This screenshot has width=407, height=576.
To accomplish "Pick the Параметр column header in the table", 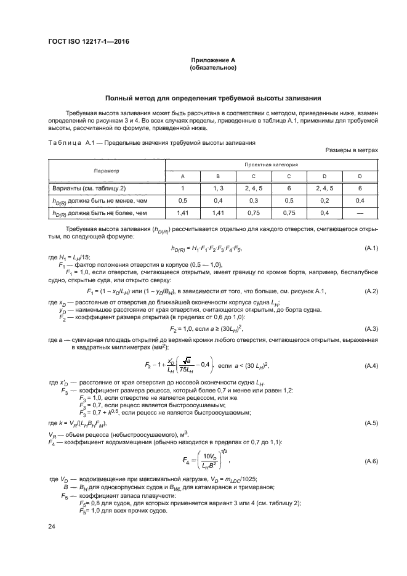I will pos(106,170).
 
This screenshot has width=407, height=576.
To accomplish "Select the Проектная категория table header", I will pos(271,164).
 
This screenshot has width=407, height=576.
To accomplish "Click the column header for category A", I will pos(182,176).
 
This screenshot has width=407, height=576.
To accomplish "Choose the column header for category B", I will pos(218,176).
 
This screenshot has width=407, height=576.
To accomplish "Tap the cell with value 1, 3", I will pos(218,188).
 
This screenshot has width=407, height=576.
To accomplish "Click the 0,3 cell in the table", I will pos(254,200).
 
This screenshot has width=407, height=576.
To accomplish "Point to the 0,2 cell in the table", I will pos(324,200).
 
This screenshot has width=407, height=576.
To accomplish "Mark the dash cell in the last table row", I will pos(360,213).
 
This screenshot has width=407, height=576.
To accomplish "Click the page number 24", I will pos(52,526).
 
